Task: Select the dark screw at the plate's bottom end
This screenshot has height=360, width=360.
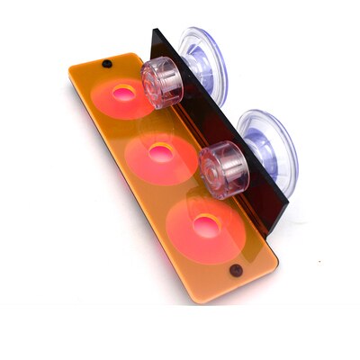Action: (236, 270)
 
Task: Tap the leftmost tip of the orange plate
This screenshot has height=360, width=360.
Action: (70, 72)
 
